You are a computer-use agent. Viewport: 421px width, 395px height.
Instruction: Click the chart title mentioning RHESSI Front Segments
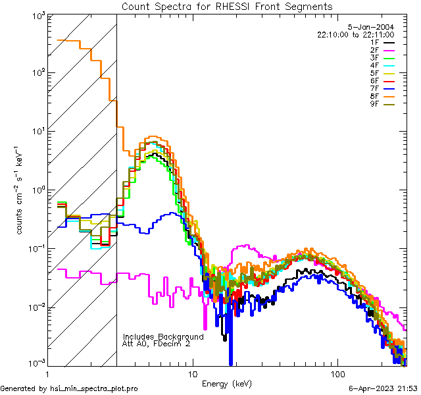[227, 7]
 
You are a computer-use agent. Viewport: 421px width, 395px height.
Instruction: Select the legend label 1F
[375, 42]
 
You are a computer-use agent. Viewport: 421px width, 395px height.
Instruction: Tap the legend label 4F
[375, 65]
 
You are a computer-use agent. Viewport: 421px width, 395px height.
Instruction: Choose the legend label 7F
[375, 88]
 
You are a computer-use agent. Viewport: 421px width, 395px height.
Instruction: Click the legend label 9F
[375, 103]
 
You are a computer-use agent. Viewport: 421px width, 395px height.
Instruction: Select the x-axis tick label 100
[337, 374]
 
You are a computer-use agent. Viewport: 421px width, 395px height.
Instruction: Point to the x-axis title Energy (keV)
[227, 383]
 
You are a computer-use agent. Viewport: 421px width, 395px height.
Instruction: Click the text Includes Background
[163, 336]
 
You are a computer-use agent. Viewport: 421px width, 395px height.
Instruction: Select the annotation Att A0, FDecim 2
[157, 344]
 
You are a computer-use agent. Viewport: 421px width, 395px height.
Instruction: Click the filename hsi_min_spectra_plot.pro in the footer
[94, 388]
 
